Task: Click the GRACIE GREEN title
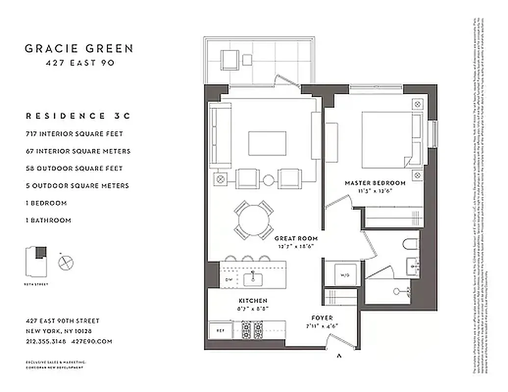pos(79,49)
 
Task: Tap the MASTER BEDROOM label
pos(375,183)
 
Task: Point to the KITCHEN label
pos(253,300)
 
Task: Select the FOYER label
pos(321,318)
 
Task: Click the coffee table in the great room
pos(267,143)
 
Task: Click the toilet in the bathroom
pos(410,244)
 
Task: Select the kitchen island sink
pos(253,279)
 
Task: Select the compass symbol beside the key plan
pos(66,263)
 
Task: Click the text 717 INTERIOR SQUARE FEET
pos(75,134)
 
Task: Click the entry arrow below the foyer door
pos(338,357)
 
